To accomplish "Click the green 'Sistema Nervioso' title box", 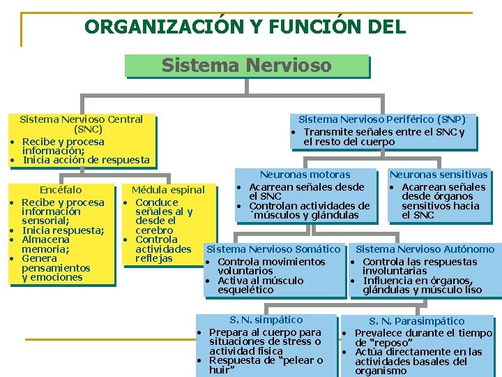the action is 246,66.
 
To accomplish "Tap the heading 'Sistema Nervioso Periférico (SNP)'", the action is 382,119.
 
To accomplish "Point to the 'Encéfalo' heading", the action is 61,190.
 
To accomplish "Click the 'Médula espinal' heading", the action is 168,190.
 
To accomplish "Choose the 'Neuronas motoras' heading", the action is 305,175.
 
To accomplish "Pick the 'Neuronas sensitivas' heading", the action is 439,175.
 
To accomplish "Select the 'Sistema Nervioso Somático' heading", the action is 273,249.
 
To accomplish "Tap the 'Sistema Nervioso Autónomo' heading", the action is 425,249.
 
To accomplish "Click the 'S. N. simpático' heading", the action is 266,320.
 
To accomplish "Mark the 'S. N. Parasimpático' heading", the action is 417,321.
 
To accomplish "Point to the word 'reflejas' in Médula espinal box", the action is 153,258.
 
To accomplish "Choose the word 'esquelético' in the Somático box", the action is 245,290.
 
